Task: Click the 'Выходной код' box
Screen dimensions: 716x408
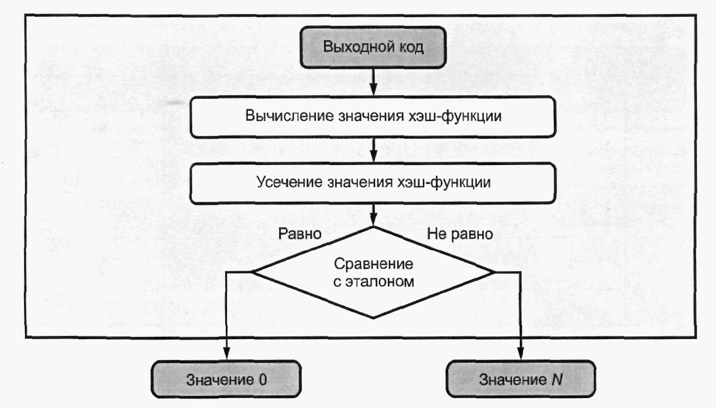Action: click(373, 47)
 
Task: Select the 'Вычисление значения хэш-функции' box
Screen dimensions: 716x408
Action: click(373, 117)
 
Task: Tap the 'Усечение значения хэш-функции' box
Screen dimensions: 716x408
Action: click(373, 183)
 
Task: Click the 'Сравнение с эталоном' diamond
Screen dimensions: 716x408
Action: click(373, 272)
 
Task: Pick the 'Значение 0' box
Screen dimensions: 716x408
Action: click(226, 379)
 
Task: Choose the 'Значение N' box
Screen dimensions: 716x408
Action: click(521, 379)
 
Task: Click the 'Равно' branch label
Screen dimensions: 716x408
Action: click(300, 234)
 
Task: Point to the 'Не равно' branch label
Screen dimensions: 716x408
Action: click(460, 234)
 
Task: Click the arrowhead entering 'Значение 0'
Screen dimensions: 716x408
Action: click(226, 354)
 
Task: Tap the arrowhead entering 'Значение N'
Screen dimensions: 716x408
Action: click(521, 354)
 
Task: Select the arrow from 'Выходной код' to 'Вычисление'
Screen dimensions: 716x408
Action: click(373, 82)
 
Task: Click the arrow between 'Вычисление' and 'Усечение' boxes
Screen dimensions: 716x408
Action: click(373, 151)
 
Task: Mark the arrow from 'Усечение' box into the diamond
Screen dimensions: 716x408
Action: click(373, 215)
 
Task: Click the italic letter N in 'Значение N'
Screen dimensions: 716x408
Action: click(557, 379)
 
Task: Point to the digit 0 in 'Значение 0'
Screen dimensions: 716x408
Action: click(263, 380)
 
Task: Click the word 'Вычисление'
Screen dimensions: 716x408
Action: click(289, 116)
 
